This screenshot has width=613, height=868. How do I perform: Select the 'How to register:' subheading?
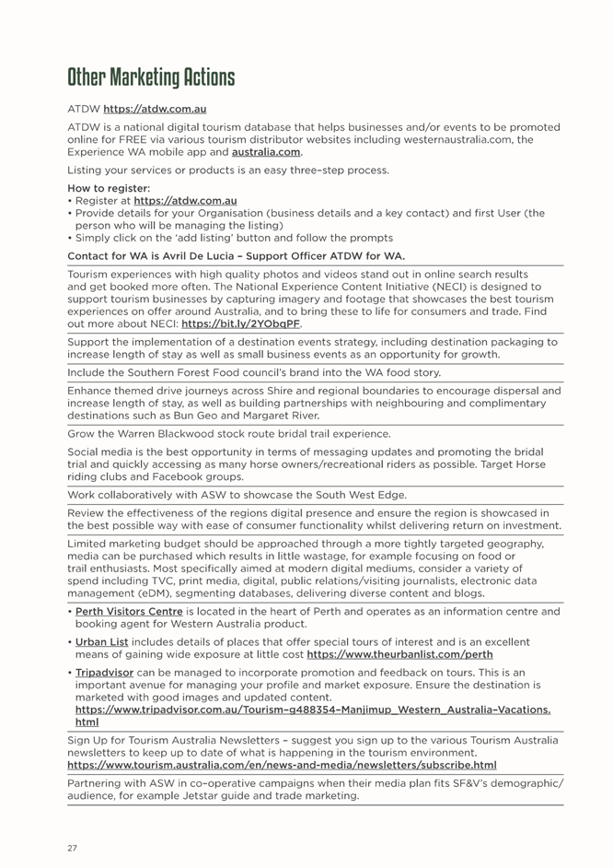pos(104,187)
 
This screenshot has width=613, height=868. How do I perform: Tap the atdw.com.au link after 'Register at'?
pos(185,200)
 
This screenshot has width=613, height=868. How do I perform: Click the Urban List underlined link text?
pos(101,641)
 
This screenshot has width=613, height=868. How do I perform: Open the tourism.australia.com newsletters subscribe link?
pos(282,765)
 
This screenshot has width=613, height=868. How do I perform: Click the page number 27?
pos(72,847)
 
